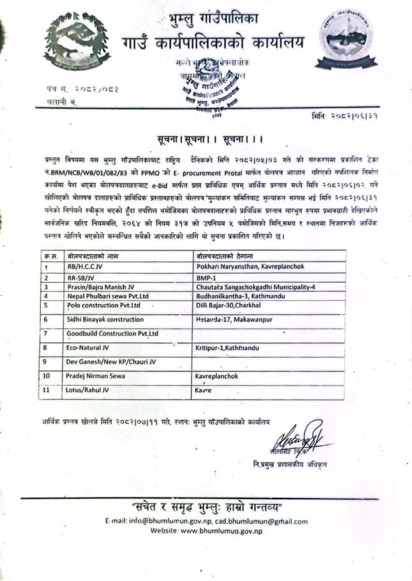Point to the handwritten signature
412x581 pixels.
300,437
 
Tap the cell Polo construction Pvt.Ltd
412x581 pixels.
103,305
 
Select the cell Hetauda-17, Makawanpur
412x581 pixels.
235,318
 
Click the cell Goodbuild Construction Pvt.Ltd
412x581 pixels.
112,333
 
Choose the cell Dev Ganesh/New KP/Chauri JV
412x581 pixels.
111,362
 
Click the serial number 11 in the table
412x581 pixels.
45,389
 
